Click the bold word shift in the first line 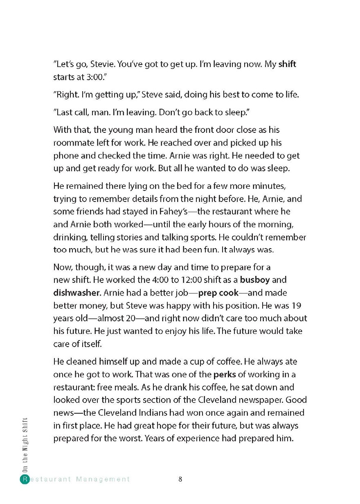(287, 64)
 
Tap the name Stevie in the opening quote (101, 64)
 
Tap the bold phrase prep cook (219, 293)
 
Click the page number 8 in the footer (180, 479)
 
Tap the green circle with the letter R (25, 479)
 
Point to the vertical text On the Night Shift (25, 446)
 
